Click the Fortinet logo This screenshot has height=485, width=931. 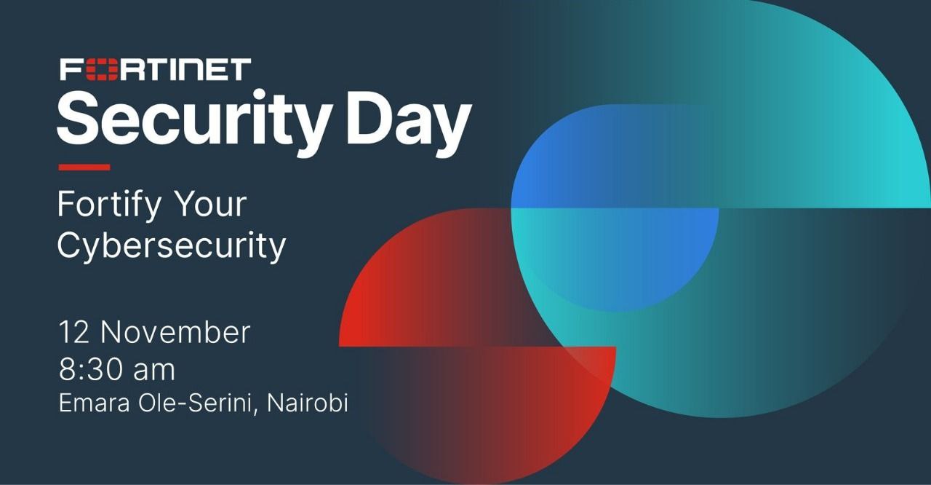156,69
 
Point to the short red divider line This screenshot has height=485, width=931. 84,167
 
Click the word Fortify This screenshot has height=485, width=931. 109,205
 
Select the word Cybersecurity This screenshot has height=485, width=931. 172,246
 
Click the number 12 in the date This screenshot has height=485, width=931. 74,332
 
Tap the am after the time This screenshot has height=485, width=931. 153,372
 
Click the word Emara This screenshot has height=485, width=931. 95,403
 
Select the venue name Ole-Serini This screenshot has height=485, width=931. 196,403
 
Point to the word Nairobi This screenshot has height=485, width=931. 307,403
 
